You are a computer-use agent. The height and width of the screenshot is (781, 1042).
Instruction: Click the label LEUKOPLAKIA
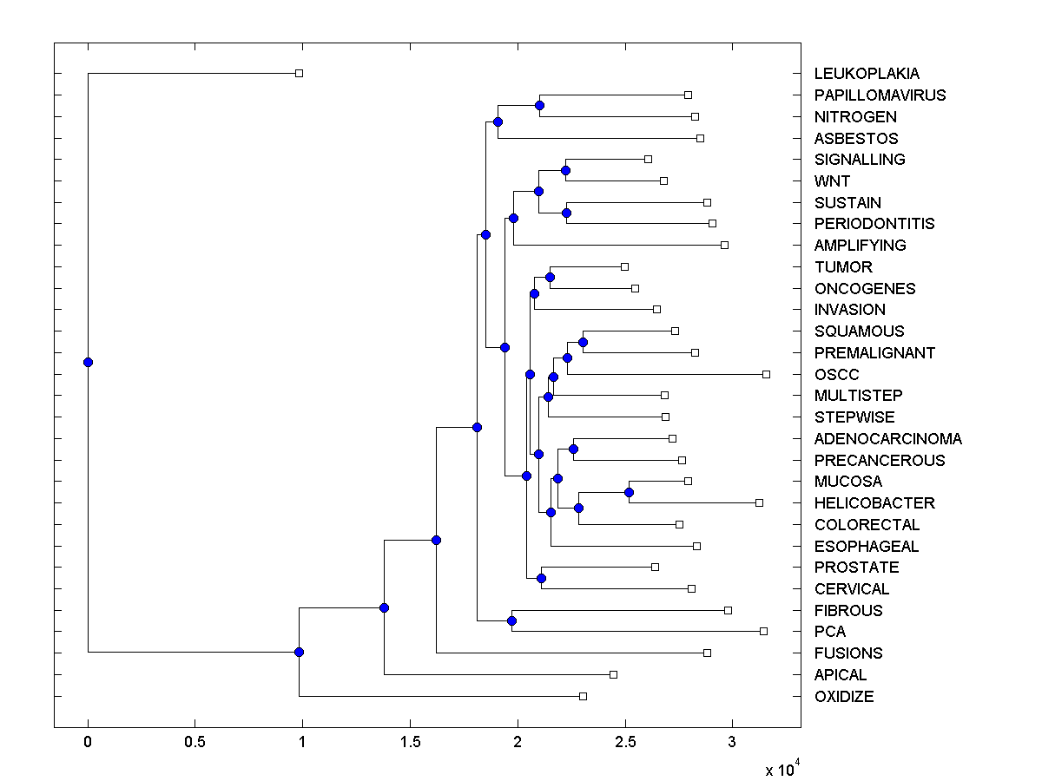854,74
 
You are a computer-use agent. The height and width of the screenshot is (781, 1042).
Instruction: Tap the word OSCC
836,375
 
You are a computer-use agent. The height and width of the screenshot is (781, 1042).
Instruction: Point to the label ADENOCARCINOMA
887,439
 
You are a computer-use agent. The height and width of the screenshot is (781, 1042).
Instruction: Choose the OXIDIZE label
844,697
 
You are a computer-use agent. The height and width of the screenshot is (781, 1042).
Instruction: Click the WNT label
832,181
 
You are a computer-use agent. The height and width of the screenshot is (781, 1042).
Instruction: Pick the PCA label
829,632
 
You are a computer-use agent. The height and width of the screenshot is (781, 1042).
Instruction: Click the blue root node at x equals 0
88,362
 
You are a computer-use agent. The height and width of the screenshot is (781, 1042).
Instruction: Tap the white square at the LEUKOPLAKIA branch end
299,74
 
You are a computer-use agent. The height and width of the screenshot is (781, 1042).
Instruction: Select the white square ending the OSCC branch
766,374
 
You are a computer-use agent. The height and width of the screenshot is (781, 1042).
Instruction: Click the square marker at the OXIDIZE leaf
583,696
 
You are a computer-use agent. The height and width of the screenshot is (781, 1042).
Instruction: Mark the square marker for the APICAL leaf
613,674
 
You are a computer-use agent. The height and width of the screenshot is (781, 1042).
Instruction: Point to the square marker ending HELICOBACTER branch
759,502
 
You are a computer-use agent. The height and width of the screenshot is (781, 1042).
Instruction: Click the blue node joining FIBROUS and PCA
511,620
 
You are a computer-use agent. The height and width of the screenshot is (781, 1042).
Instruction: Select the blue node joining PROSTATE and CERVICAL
541,578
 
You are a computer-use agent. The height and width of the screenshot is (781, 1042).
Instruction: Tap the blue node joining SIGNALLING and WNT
565,170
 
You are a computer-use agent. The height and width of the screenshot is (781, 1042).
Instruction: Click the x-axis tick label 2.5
624,743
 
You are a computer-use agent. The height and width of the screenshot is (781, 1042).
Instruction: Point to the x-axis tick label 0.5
195,743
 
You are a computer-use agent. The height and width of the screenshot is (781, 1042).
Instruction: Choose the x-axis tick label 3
732,743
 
